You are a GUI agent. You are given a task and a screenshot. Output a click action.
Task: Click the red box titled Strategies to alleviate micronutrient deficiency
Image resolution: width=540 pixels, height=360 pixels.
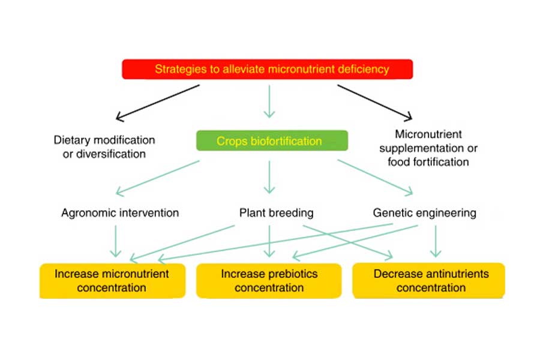coord(267,69)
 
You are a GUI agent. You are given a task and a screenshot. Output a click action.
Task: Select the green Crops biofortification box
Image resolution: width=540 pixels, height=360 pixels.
coord(272,140)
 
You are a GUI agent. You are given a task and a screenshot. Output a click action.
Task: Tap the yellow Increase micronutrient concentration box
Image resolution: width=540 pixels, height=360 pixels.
coord(112,281)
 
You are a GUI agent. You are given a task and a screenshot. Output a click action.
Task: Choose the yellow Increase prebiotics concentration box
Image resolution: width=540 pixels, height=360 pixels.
coord(269,281)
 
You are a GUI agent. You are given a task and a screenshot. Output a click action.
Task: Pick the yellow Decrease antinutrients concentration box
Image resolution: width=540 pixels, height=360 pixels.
coord(429,281)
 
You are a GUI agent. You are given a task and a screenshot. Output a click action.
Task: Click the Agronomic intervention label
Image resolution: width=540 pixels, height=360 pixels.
coord(120,213)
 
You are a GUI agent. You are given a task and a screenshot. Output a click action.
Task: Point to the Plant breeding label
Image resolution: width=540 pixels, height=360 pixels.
coord(276,213)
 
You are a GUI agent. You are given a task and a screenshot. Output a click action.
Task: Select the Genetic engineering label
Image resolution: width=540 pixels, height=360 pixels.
coord(425,213)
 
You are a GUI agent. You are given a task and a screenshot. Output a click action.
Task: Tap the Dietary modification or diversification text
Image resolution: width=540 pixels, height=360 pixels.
coord(104,147)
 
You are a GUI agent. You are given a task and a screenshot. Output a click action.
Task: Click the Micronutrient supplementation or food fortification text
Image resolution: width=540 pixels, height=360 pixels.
coord(428,148)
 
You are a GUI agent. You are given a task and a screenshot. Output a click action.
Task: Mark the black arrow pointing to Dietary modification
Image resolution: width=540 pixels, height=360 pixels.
coord(158,103)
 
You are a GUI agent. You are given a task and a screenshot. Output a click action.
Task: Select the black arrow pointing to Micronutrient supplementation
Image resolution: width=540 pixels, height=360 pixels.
coord(374,103)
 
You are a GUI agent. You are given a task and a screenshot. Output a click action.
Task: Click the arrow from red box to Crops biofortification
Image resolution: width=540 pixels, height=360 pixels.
coord(269,101)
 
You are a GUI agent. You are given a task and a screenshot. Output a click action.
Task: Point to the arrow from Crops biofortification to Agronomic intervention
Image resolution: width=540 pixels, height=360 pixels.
coord(158,178)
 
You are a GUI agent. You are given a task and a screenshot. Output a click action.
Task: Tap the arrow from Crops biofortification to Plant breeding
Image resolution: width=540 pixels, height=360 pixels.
coord(269,177)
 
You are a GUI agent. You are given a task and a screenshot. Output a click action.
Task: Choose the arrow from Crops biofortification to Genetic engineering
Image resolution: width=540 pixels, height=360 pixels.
coord(375,178)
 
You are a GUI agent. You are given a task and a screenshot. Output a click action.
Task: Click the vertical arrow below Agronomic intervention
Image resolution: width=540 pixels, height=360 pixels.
coord(115,241)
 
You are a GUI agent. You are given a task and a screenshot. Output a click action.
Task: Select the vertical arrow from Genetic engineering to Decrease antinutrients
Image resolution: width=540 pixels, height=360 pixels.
coord(436,241)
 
